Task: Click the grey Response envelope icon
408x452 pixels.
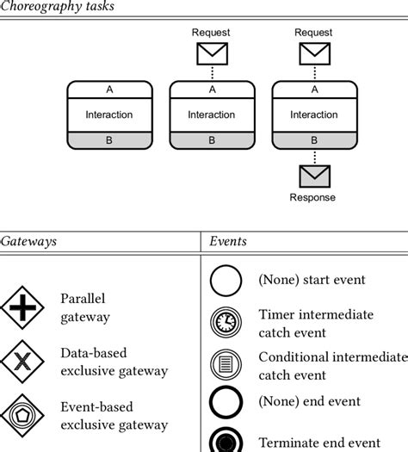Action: pyautogui.click(x=313, y=176)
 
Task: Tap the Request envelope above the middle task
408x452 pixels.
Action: pyautogui.click(x=211, y=53)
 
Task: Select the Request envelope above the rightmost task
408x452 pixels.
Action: pyautogui.click(x=313, y=53)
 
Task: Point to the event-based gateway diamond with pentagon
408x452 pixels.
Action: pyautogui.click(x=22, y=417)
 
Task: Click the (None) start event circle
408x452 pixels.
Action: pyautogui.click(x=226, y=280)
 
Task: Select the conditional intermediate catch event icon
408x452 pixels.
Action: pyautogui.click(x=226, y=365)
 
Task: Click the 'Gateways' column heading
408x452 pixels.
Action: pyautogui.click(x=28, y=241)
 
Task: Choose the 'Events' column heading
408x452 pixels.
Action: pyautogui.click(x=228, y=241)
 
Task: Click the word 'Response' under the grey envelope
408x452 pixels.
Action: pyautogui.click(x=312, y=197)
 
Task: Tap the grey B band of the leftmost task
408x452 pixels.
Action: pyautogui.click(x=109, y=139)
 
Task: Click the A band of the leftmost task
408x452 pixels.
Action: pyautogui.click(x=109, y=89)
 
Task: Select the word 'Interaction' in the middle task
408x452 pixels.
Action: pyautogui.click(x=211, y=115)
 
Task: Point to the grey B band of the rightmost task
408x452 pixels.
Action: pyautogui.click(x=313, y=139)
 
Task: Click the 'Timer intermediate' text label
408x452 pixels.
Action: pyautogui.click(x=316, y=315)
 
